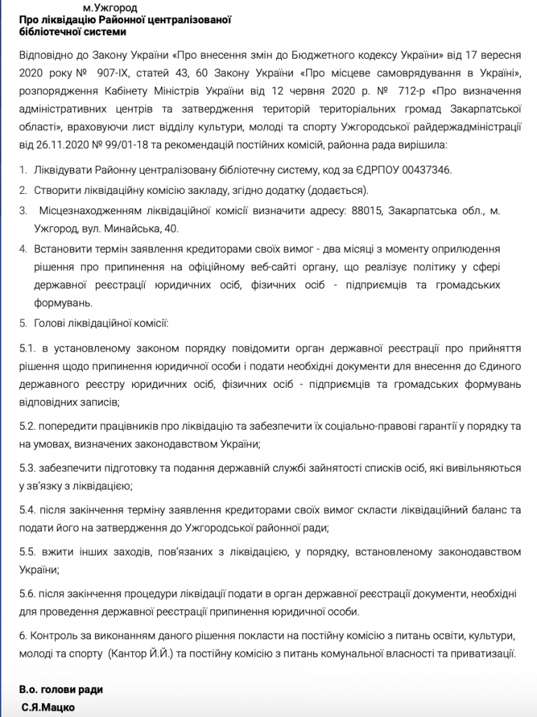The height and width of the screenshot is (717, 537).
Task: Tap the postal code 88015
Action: coord(366,210)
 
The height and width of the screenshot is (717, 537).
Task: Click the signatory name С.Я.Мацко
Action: coord(48,707)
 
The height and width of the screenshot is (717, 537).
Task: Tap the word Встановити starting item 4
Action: coord(62,249)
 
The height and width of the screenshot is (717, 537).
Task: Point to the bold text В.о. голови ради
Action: coord(62,690)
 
